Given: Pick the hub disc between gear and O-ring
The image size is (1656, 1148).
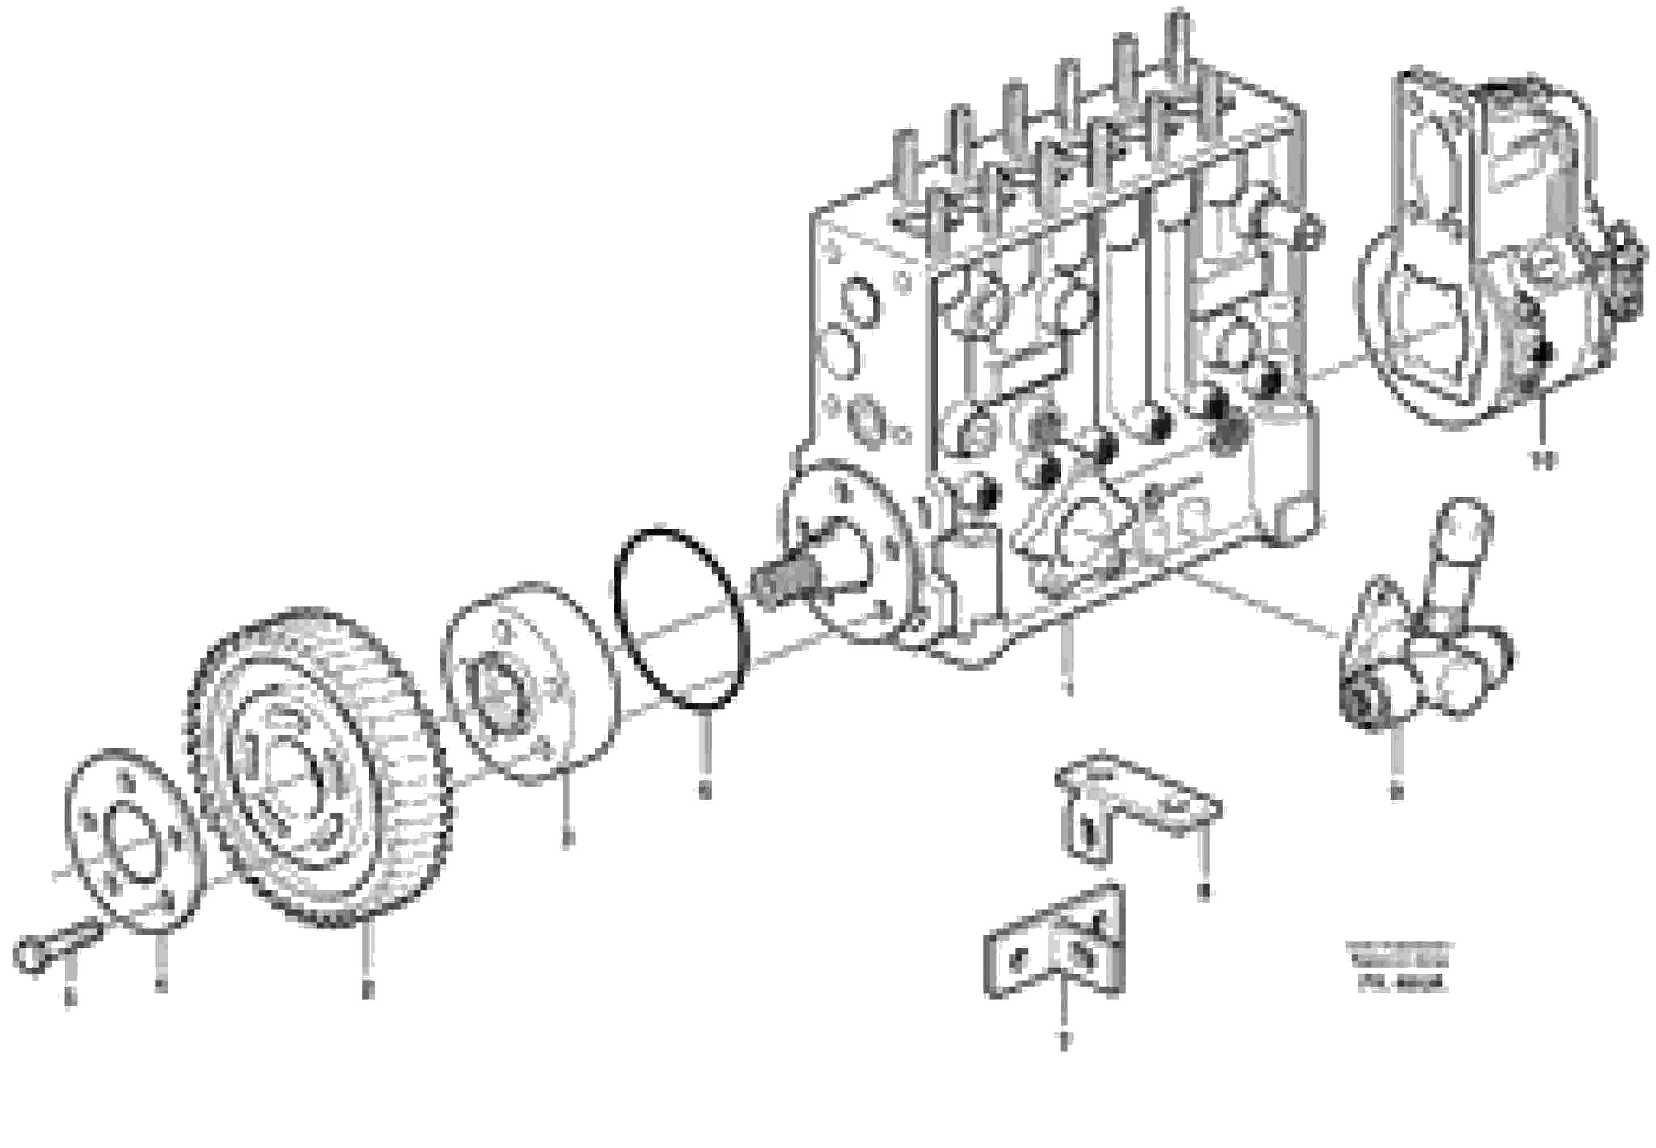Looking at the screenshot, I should (529, 683).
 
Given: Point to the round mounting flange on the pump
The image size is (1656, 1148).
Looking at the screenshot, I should (849, 554).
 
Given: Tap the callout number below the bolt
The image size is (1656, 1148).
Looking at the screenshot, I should (69, 997).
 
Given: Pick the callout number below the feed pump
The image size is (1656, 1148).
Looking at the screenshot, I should (1397, 791).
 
